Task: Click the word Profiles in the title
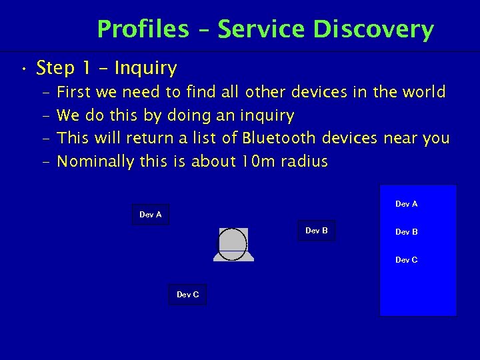pyautogui.click(x=143, y=29)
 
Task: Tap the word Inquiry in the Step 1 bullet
pyautogui.click(x=145, y=68)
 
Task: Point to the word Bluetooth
pyautogui.click(x=279, y=138)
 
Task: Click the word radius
pyautogui.click(x=304, y=161)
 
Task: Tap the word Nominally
pyautogui.click(x=97, y=161)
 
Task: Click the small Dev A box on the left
pyautogui.click(x=150, y=215)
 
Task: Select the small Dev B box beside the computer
pyautogui.click(x=316, y=231)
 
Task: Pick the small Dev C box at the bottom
pyautogui.click(x=187, y=295)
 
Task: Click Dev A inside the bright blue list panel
pyautogui.click(x=406, y=204)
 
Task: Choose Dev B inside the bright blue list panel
pyautogui.click(x=406, y=232)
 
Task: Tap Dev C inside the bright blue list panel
pyautogui.click(x=406, y=260)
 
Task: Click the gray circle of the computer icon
pyautogui.click(x=233, y=243)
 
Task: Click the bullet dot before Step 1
pyautogui.click(x=23, y=69)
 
